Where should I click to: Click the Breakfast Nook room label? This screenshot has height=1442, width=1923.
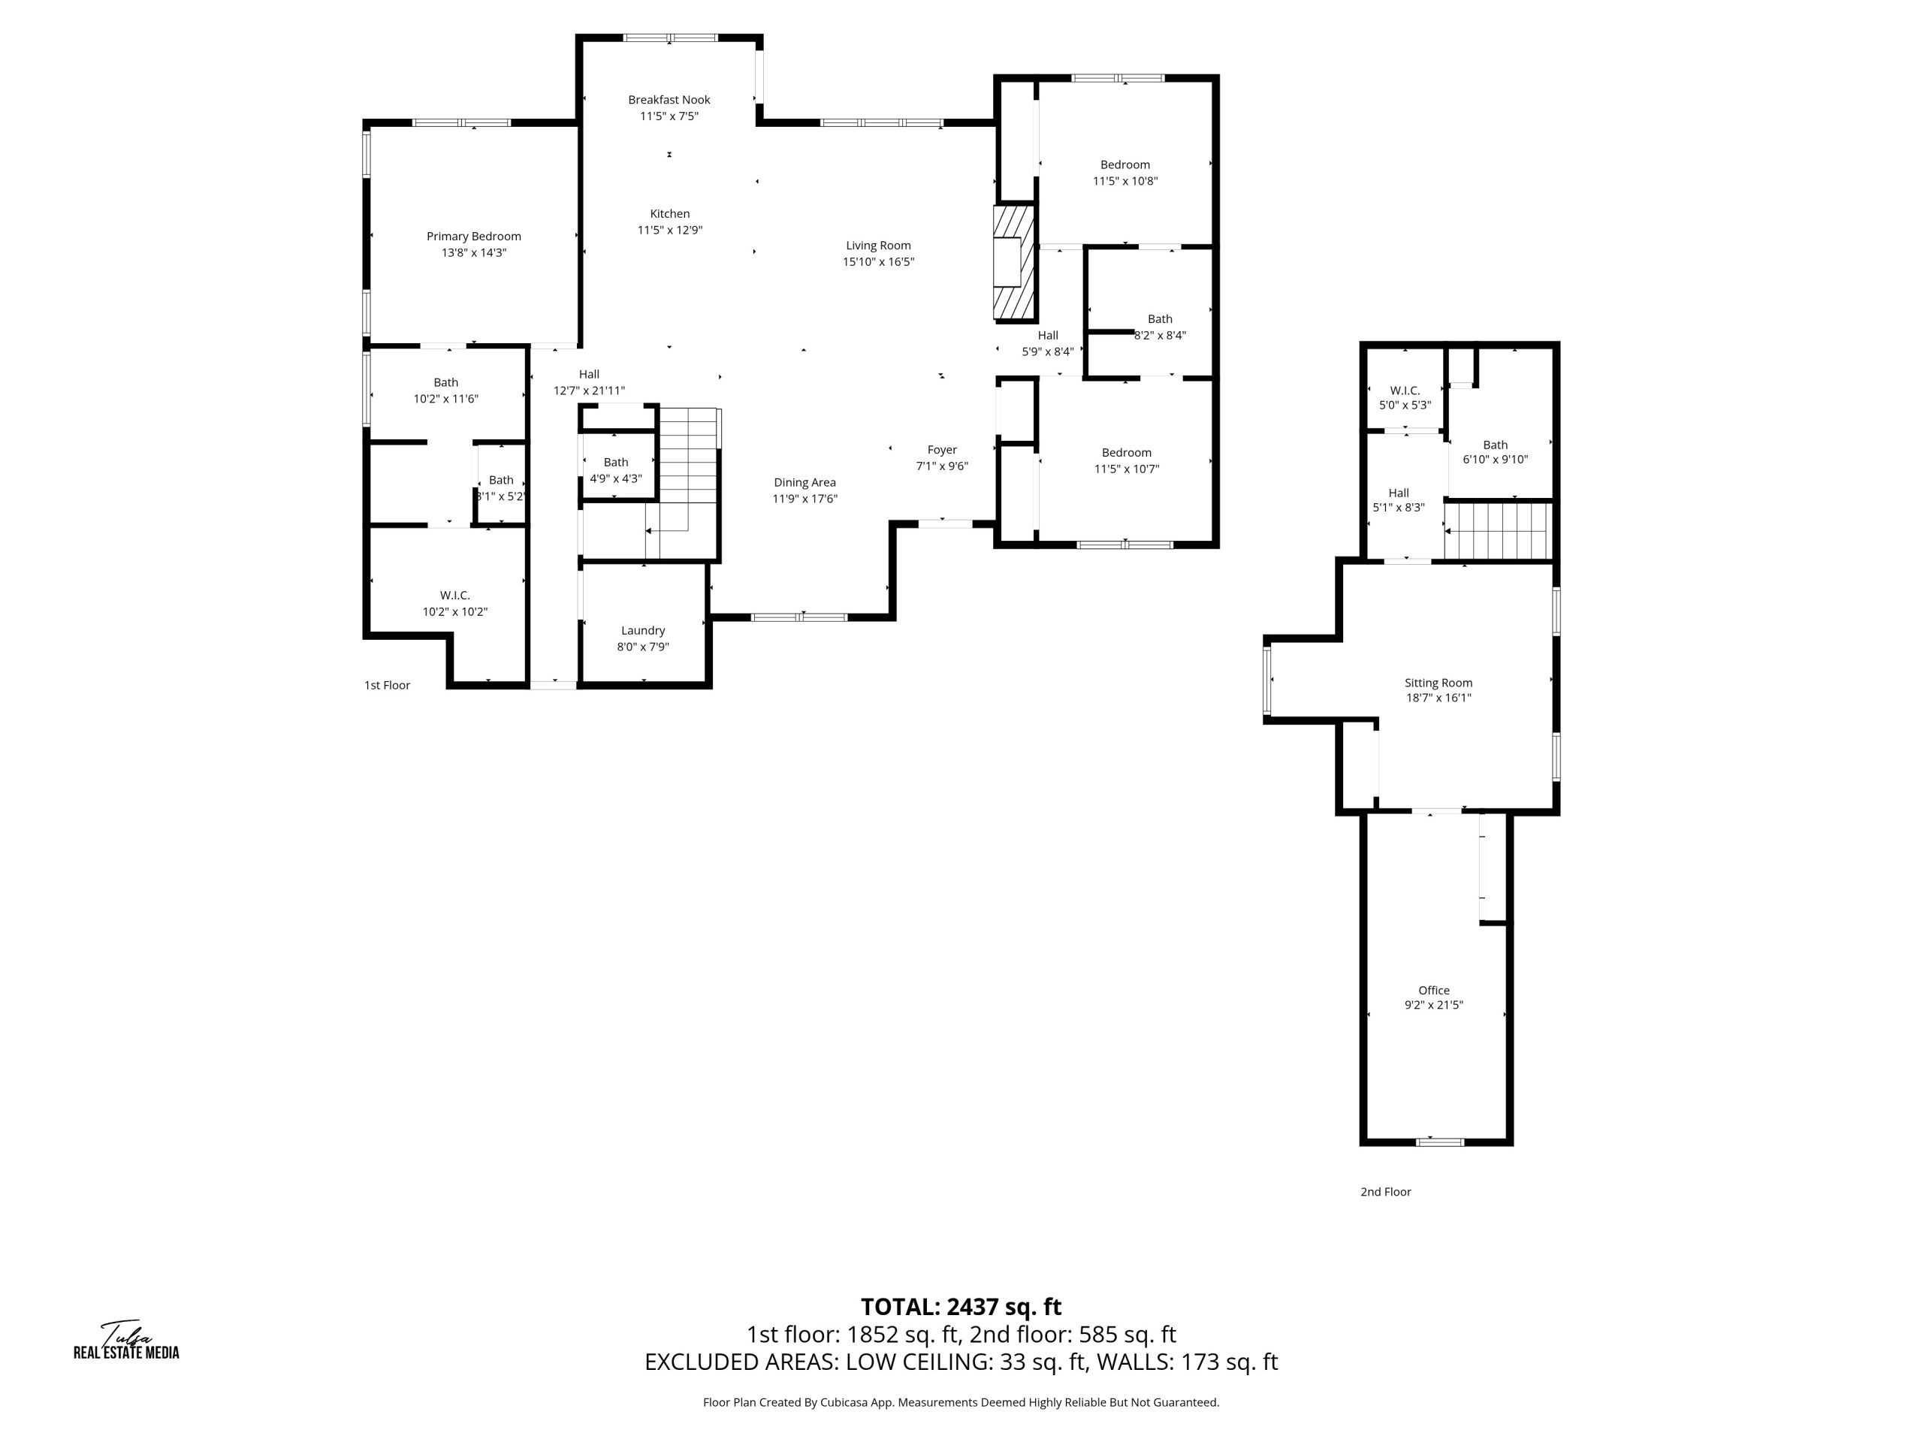click(669, 100)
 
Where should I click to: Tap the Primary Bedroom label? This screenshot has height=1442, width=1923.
click(474, 237)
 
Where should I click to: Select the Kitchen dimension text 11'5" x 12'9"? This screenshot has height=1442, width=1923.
click(669, 231)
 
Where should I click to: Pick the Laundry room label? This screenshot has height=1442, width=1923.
click(642, 631)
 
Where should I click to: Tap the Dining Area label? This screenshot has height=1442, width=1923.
click(805, 482)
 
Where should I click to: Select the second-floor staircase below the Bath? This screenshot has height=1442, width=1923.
click(1497, 531)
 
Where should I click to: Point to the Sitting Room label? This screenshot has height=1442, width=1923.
click(1438, 683)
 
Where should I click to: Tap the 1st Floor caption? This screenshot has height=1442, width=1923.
click(387, 686)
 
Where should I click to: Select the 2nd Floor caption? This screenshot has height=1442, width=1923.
click(1385, 1193)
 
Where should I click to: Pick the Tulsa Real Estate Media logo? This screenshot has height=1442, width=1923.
click(126, 1339)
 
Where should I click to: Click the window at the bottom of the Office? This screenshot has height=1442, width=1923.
click(1440, 1142)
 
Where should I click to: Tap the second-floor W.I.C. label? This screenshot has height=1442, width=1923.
click(1405, 391)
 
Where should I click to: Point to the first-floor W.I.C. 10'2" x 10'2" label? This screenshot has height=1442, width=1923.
click(454, 604)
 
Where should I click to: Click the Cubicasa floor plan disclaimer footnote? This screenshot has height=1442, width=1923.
click(961, 1403)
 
